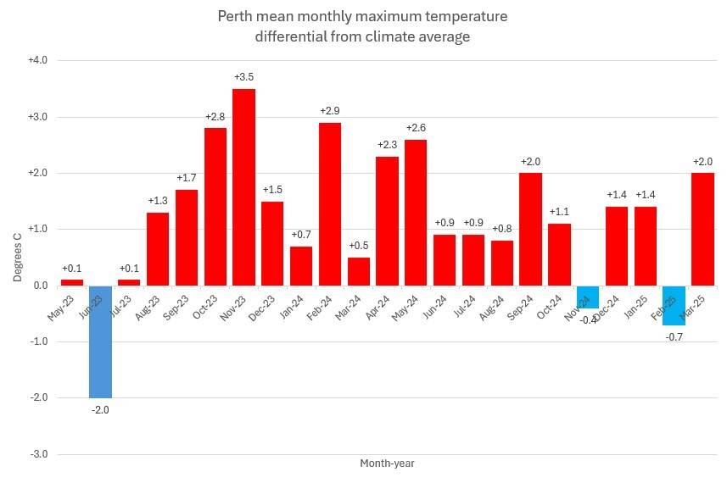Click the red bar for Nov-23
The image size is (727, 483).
tap(243, 186)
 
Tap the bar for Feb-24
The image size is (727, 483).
tap(330, 203)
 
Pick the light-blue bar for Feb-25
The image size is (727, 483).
tap(674, 305)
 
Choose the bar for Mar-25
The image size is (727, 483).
tap(702, 229)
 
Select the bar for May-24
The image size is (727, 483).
tap(416, 212)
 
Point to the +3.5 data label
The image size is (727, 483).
tap(243, 78)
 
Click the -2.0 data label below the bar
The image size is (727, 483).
tap(100, 410)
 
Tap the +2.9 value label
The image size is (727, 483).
tap(330, 111)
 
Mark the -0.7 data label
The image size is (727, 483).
tap(674, 337)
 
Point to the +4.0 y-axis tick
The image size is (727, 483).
tap(37, 60)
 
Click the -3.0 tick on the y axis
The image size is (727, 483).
tap(37, 454)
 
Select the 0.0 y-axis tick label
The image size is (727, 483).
tap(39, 286)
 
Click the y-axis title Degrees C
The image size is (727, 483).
tap(16, 258)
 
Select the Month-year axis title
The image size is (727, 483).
tap(387, 464)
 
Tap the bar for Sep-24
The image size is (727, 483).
tap(530, 229)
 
